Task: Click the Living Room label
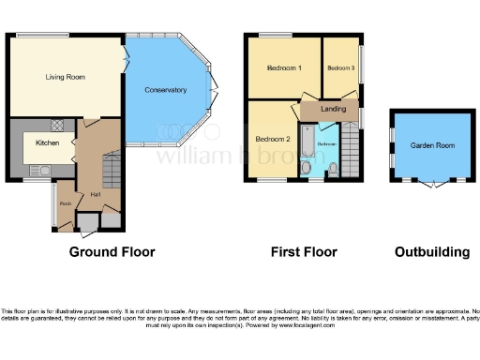[x=66, y=77]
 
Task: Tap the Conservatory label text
[x=165, y=90]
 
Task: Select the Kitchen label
[x=48, y=142]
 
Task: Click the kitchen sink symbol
[x=40, y=170]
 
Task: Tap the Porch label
[x=67, y=203]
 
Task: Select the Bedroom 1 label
[x=283, y=68]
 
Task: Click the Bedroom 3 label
[x=340, y=68]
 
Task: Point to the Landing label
[x=332, y=109]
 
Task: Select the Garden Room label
[x=430, y=145]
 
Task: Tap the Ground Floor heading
[x=112, y=251]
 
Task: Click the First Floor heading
[x=303, y=251]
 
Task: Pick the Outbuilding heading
[x=431, y=251]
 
